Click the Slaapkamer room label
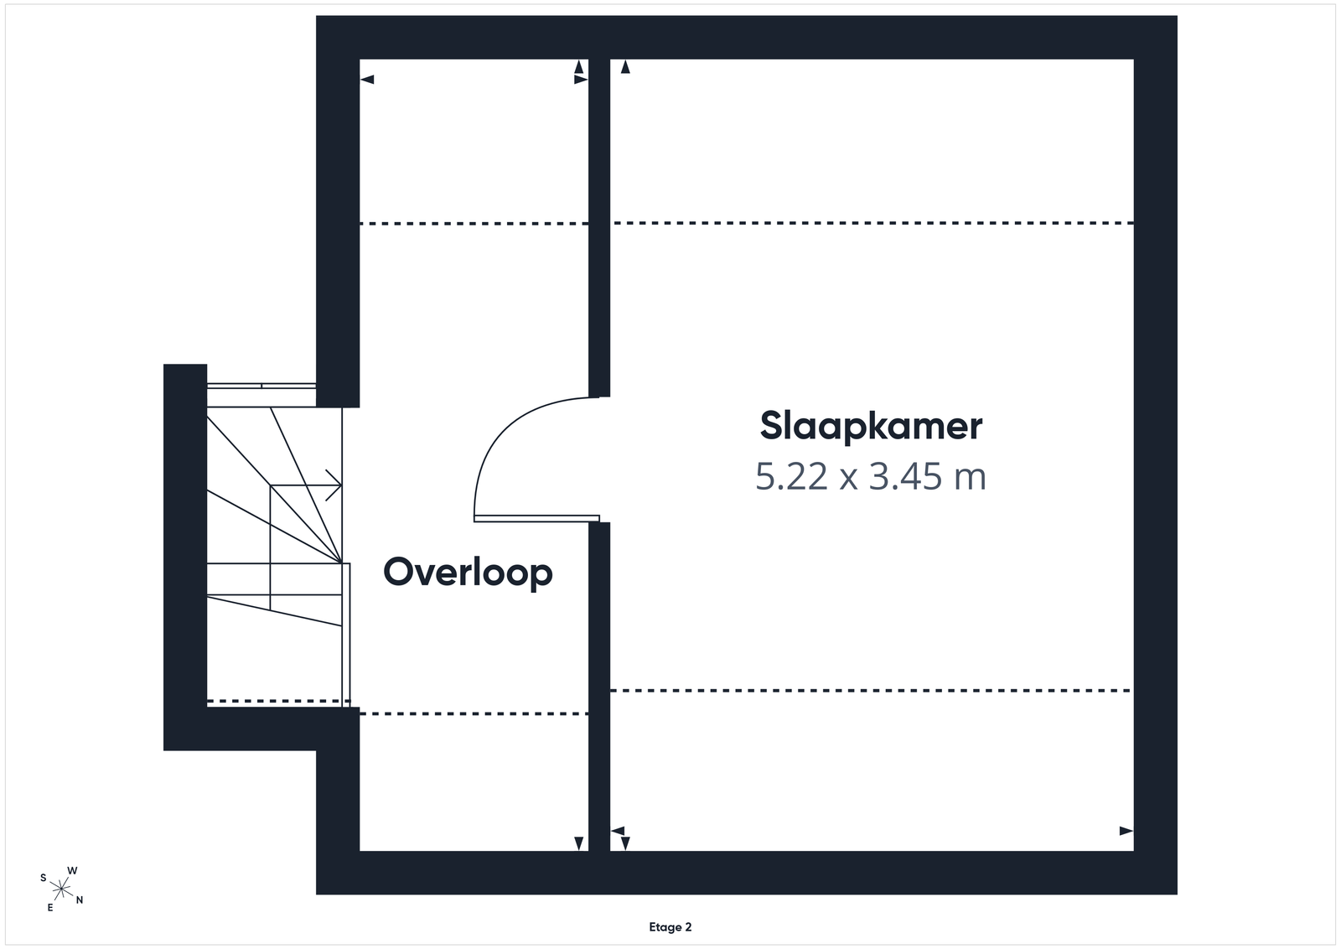[x=871, y=427]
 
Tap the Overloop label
[x=468, y=573]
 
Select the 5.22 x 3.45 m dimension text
[x=871, y=477]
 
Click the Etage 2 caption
[x=670, y=927]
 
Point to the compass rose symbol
[x=61, y=889]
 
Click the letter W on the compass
[x=72, y=870]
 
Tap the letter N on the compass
[x=80, y=900]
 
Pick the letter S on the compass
[x=43, y=878]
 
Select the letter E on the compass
[x=50, y=908]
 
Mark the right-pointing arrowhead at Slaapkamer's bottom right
[x=1126, y=831]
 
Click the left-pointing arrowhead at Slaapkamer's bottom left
[x=617, y=831]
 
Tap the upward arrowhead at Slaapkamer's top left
[x=625, y=66]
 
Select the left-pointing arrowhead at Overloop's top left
[x=367, y=80]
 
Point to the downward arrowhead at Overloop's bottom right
[x=579, y=843]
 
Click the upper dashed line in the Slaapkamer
[x=873, y=223]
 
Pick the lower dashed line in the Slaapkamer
[x=871, y=691]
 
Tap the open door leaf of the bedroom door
[x=536, y=518]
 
